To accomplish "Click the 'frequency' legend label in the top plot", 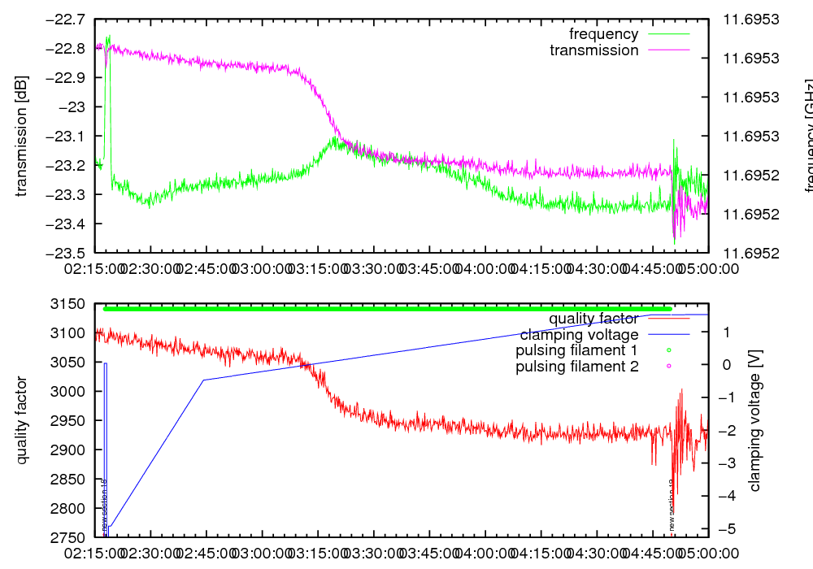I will pos(603,34).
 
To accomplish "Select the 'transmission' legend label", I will pos(593,50).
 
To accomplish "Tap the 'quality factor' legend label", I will pos(593,319).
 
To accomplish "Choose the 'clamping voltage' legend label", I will pos(579,335).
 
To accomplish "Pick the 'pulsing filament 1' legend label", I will pos(576,351).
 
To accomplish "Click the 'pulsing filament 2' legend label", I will pos(576,367).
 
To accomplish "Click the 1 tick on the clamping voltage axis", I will pos(725,332).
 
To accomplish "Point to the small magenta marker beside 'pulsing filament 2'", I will pos(668,367).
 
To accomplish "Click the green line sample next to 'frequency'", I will pos(668,34).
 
